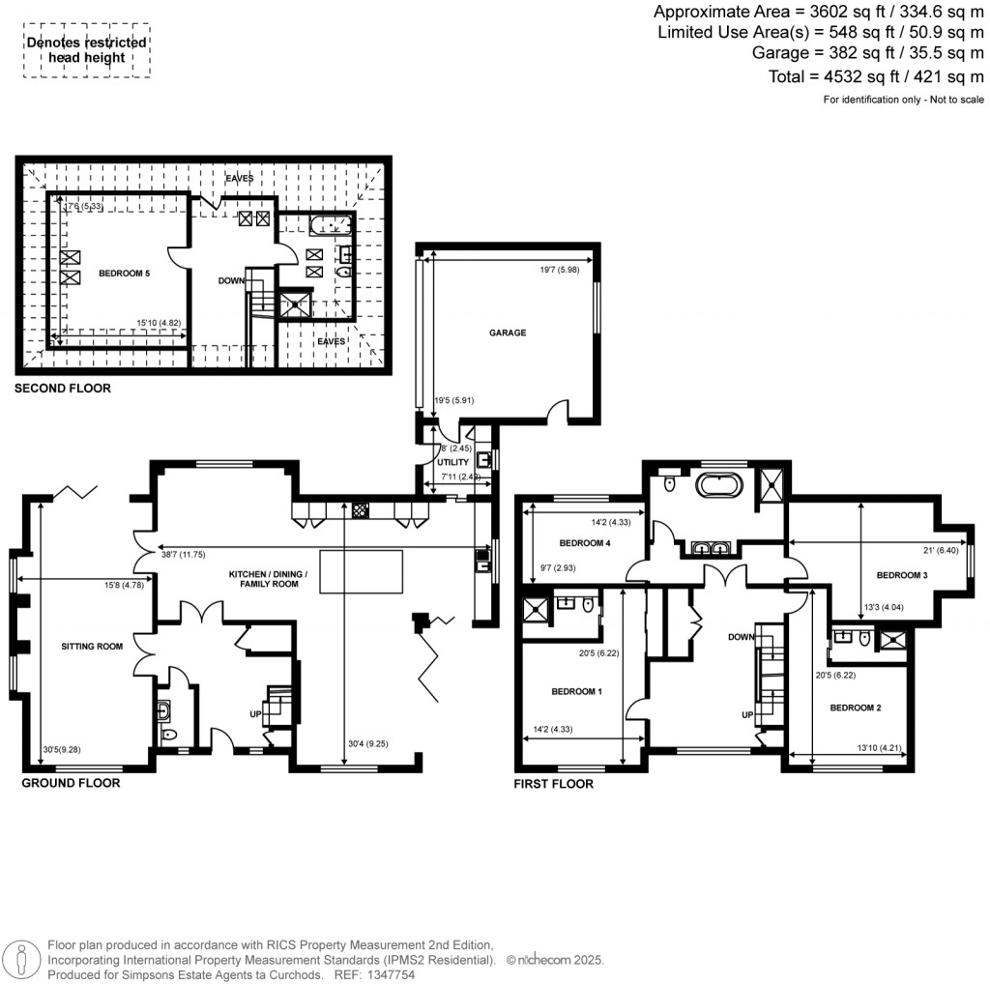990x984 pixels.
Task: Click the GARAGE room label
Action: pos(507,333)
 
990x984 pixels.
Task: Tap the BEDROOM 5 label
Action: pos(124,274)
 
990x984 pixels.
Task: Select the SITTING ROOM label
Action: pos(92,646)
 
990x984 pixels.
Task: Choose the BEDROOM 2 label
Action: pos(856,708)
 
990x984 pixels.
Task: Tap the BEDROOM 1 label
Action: pos(577,691)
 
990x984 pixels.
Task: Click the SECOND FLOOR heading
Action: pos(62,389)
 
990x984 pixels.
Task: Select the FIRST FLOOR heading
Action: pos(553,784)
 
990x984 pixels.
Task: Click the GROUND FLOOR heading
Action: pos(71,783)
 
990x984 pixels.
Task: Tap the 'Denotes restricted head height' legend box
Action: pos(87,50)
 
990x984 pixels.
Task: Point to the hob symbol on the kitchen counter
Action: pos(361,509)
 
